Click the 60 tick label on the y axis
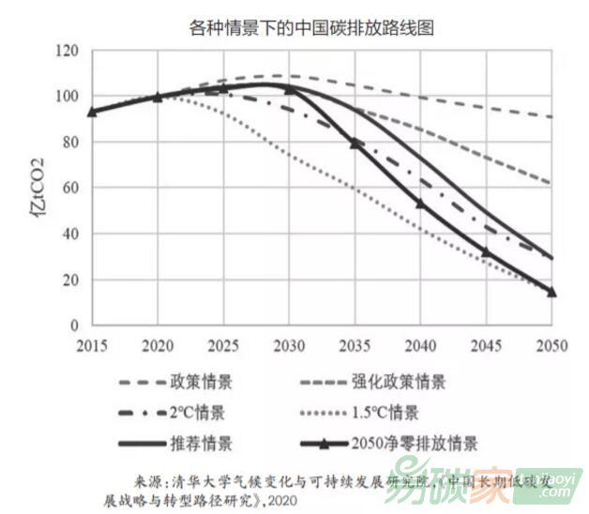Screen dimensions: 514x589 point(67,188)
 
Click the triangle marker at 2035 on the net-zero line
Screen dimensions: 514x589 point(355,143)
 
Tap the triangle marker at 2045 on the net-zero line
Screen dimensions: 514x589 point(486,251)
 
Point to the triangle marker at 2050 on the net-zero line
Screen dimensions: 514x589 point(551,291)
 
